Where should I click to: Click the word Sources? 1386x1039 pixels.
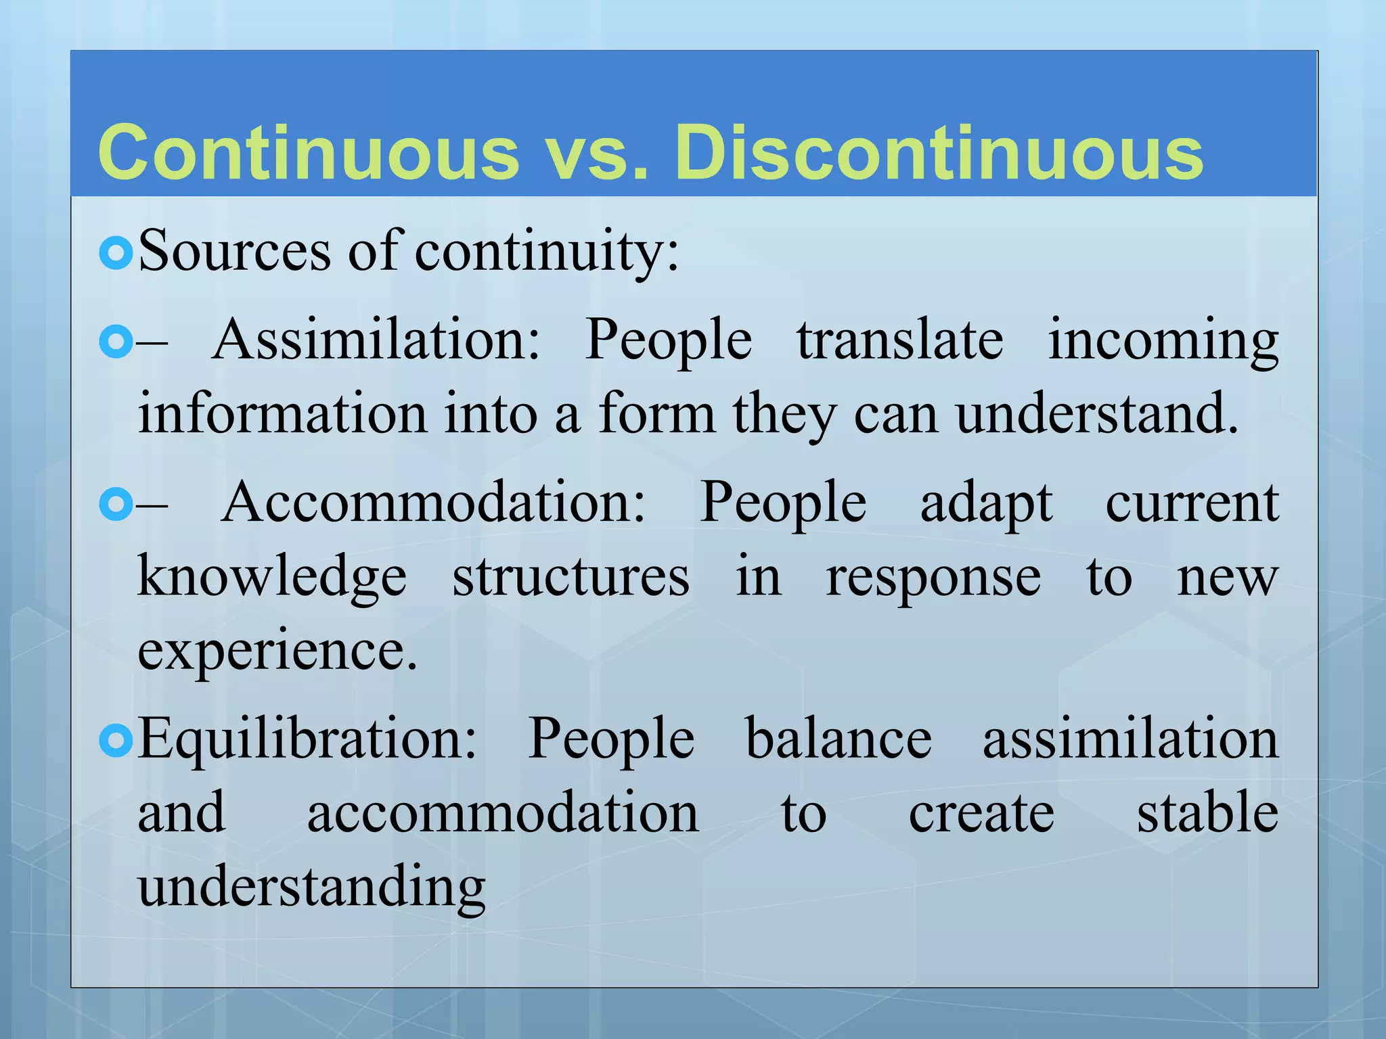[x=234, y=252]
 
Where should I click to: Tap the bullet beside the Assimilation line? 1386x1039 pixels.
[x=116, y=342]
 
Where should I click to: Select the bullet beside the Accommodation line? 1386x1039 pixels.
[x=116, y=505]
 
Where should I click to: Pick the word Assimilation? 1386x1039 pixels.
[x=376, y=340]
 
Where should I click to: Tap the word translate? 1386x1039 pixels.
[x=900, y=340]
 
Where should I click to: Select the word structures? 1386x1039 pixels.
[x=571, y=576]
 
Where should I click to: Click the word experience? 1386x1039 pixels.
[x=277, y=652]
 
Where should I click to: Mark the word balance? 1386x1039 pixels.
[x=839, y=739]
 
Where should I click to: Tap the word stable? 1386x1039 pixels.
[x=1207, y=812]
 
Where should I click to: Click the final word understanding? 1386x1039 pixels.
[x=312, y=887]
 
